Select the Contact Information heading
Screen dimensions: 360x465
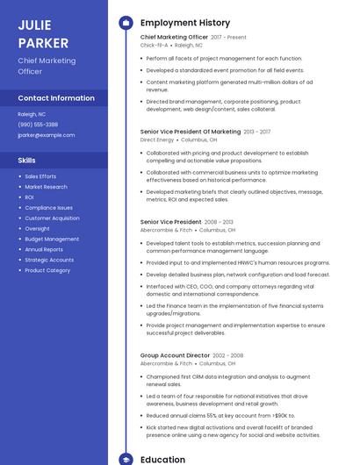pyautogui.click(x=56, y=98)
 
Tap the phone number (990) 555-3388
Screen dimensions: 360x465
pyautogui.click(x=38, y=125)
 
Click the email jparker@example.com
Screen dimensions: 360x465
pyautogui.click(x=47, y=135)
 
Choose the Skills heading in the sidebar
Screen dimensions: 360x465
pyautogui.click(x=27, y=161)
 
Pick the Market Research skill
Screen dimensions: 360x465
pyautogui.click(x=46, y=187)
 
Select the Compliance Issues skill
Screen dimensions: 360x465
pyautogui.click(x=48, y=208)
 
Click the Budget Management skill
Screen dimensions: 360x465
pyautogui.click(x=52, y=239)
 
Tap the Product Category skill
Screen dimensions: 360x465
pyautogui.click(x=47, y=270)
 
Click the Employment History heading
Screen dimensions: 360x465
pyautogui.click(x=185, y=23)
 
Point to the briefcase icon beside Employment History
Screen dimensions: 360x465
pyautogui.click(x=126, y=23)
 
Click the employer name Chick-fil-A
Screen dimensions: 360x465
pyautogui.click(x=154, y=45)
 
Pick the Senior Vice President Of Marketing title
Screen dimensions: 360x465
pyautogui.click(x=191, y=132)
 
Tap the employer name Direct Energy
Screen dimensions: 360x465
pyautogui.click(x=157, y=139)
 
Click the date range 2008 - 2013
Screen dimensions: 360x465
pyautogui.click(x=221, y=222)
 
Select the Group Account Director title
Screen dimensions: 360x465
pyautogui.click(x=173, y=354)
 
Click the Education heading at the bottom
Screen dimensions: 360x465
pyautogui.click(x=162, y=459)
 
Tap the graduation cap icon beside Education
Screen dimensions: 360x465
pyautogui.click(x=126, y=459)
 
